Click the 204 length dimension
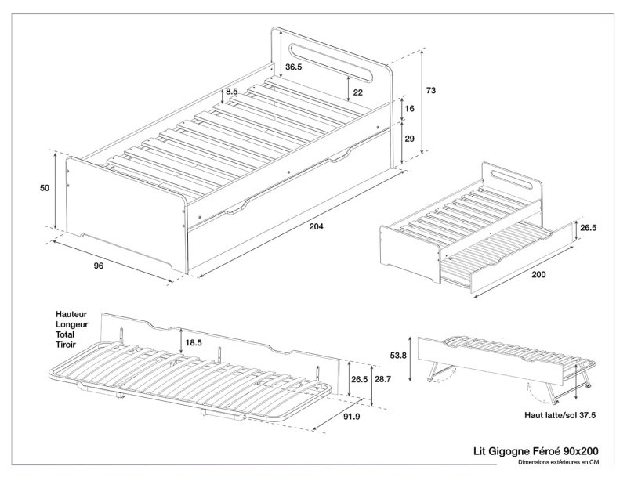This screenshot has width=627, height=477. coord(317,226)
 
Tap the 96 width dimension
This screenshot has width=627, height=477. coord(99,266)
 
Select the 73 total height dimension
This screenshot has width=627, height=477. coord(430,91)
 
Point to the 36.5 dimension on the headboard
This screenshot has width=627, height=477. coord(293,68)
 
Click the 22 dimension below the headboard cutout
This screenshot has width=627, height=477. coord(357,92)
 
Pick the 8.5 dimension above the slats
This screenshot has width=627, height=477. coord(232,92)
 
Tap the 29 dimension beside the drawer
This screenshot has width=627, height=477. coord(409,139)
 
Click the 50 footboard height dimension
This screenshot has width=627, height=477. coord(44,189)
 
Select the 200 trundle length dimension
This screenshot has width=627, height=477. coord(538,276)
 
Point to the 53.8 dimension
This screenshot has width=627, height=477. coord(399,354)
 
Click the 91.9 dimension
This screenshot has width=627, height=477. coord(352,417)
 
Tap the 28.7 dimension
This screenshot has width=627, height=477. coord(383,378)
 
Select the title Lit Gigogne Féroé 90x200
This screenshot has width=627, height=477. coord(537,451)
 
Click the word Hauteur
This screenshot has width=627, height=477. coord(72,313)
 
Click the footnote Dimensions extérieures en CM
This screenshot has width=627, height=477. coord(557,463)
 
